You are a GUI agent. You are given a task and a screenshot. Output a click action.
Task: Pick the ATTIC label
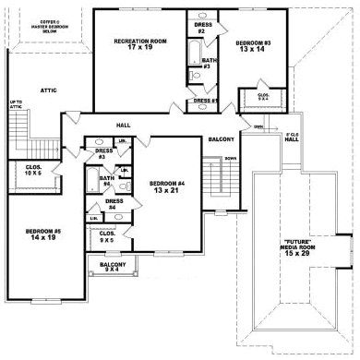click(x=50, y=90)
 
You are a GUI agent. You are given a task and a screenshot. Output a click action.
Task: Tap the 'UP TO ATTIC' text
click(x=16, y=105)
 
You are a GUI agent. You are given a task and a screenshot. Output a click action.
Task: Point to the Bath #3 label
click(x=208, y=63)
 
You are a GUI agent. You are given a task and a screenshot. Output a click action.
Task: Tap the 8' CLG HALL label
click(x=291, y=138)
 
